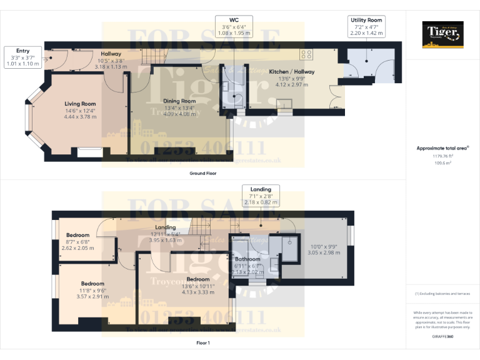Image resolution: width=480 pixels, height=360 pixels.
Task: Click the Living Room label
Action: click(80, 104)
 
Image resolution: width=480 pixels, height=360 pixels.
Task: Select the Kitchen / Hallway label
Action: click(292, 72)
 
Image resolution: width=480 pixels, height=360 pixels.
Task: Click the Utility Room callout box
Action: click(366, 27)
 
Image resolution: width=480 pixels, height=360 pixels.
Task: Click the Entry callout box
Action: click(22, 56)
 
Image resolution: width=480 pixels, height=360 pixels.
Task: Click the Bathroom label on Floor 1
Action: click(247, 259)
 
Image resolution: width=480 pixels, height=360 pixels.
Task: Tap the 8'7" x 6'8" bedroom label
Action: click(78, 236)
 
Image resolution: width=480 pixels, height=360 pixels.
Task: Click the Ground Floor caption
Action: click(203, 173)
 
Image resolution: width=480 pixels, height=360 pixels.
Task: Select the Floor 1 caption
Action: click(203, 343)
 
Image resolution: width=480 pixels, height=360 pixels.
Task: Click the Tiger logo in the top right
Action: click(443, 35)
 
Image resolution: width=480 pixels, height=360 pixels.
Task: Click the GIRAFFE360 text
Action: click(443, 336)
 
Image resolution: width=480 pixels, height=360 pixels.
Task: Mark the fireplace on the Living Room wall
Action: click(90, 150)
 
